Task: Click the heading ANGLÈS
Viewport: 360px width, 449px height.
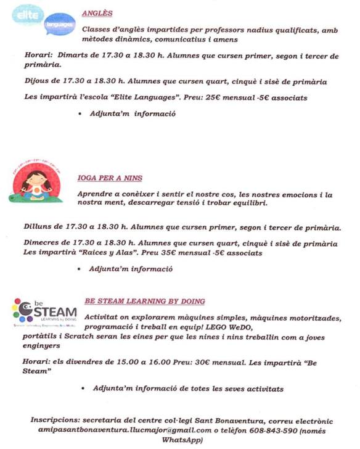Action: click(x=97, y=13)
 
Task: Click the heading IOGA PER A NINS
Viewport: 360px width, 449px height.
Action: click(x=110, y=178)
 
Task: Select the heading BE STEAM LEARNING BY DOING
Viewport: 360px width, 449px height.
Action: click(x=144, y=302)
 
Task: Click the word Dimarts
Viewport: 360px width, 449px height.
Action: click(x=63, y=56)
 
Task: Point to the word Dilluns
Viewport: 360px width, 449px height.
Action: click(x=30, y=227)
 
